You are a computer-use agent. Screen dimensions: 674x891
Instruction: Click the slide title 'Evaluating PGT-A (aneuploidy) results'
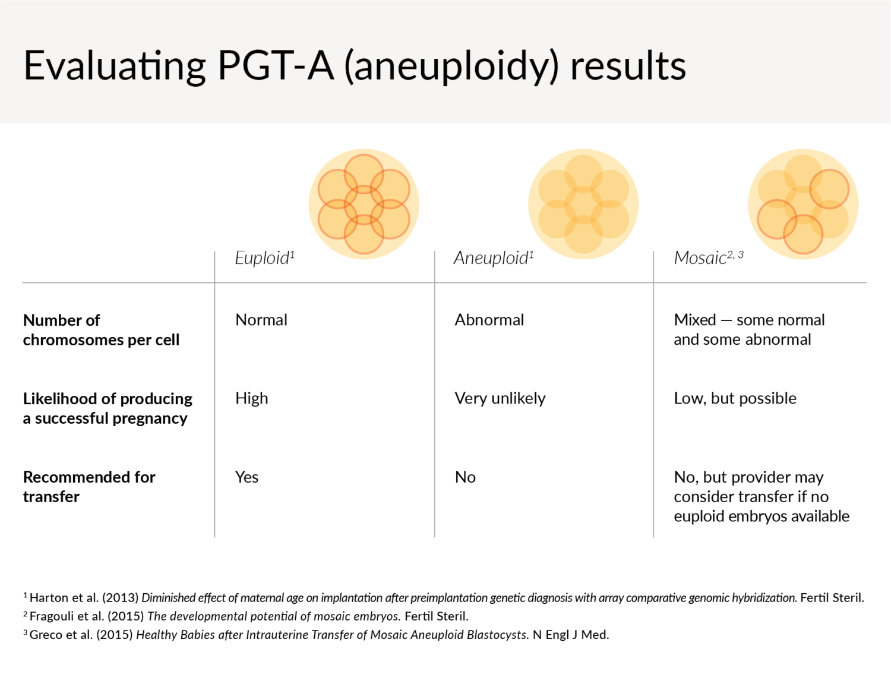pyautogui.click(x=355, y=65)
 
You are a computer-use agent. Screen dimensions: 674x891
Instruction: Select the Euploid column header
pyautogui.click(x=264, y=258)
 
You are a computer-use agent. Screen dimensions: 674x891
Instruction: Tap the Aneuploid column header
pyautogui.click(x=493, y=258)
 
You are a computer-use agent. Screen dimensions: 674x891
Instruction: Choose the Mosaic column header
pyautogui.click(x=708, y=258)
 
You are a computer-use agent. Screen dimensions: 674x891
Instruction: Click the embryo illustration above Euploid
pyautogui.click(x=364, y=204)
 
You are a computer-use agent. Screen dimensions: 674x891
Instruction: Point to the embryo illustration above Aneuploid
pyautogui.click(x=583, y=204)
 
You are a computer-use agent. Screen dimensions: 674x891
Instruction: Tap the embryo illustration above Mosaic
pyautogui.click(x=803, y=204)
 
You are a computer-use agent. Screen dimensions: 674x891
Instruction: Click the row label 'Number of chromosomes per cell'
pyautogui.click(x=101, y=330)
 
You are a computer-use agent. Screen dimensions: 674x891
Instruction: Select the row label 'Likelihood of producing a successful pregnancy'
pyautogui.click(x=108, y=408)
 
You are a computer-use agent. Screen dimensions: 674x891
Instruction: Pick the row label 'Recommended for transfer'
pyautogui.click(x=89, y=487)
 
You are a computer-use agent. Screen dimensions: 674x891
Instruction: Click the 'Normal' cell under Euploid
pyautogui.click(x=261, y=320)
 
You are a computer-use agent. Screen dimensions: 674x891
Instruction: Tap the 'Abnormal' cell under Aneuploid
pyautogui.click(x=489, y=320)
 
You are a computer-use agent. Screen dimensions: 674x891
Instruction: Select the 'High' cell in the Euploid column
pyautogui.click(x=251, y=398)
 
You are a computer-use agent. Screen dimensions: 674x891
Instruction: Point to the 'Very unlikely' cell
pyautogui.click(x=500, y=398)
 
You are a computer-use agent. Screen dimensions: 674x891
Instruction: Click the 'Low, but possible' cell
pyautogui.click(x=735, y=398)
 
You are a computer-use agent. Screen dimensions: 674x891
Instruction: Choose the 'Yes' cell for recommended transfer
pyautogui.click(x=247, y=477)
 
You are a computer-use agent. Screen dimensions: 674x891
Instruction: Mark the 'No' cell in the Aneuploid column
pyautogui.click(x=465, y=477)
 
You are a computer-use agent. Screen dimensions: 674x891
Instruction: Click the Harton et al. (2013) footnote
pyautogui.click(x=443, y=598)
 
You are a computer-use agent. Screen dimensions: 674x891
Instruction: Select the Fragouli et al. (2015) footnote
pyautogui.click(x=246, y=616)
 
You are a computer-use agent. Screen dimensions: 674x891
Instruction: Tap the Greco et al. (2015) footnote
pyautogui.click(x=316, y=635)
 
